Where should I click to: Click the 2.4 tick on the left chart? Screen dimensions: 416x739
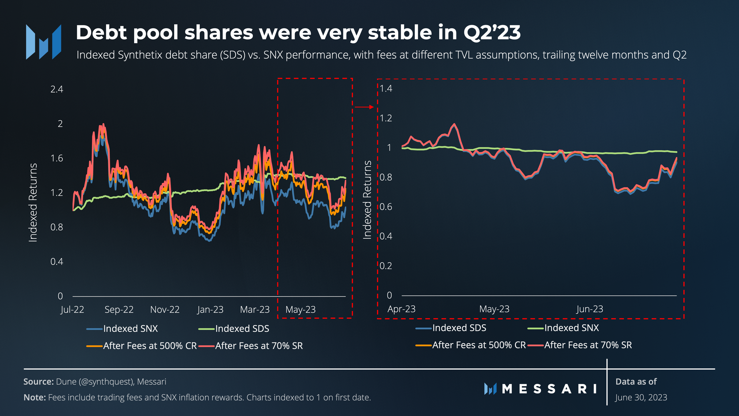(x=57, y=89)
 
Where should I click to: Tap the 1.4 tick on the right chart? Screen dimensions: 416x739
(x=386, y=89)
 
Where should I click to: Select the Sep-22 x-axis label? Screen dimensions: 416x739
(x=119, y=310)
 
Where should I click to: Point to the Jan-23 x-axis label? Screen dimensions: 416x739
(x=210, y=310)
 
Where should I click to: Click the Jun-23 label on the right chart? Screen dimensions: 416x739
(x=590, y=309)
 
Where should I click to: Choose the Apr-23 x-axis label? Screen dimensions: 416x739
(x=401, y=309)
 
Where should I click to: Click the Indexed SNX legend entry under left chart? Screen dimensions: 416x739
(x=130, y=329)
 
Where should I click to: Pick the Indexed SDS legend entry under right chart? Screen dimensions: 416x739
(x=459, y=328)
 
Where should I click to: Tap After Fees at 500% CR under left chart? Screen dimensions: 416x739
(x=150, y=346)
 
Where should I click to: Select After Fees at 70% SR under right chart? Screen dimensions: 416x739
(x=588, y=345)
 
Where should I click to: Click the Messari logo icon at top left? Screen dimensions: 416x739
(x=43, y=42)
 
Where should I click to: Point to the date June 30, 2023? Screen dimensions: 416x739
(x=641, y=398)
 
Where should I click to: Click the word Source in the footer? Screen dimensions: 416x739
(x=38, y=382)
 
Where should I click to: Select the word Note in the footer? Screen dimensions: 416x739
(x=35, y=398)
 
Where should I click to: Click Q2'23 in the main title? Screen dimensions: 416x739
(x=492, y=33)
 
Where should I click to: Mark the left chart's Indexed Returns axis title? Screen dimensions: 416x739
(x=33, y=203)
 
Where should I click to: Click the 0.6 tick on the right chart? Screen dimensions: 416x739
(x=386, y=207)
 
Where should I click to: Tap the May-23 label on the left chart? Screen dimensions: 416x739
(x=300, y=310)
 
